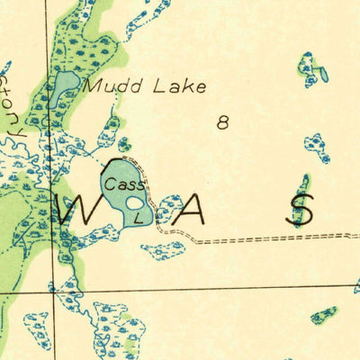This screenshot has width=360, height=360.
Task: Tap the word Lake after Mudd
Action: pos(180,87)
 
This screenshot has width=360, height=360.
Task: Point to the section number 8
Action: pos(222,123)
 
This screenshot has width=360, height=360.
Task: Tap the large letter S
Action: pos(301,210)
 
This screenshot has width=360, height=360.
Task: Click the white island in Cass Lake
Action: pos(135,202)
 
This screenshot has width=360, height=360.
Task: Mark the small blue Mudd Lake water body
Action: pos(63,87)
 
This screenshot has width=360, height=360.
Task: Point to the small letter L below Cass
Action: pos(137,218)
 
